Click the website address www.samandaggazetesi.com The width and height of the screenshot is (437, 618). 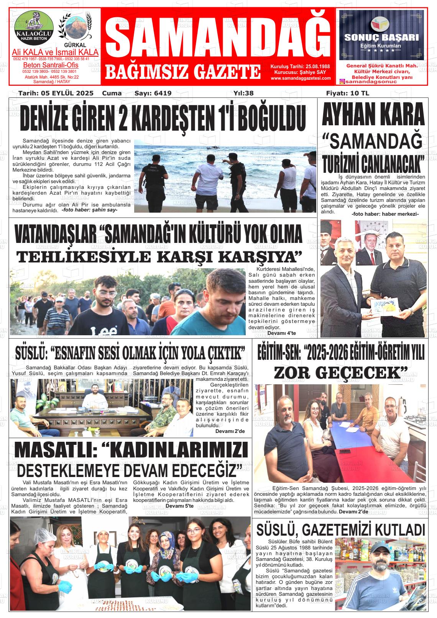(x=301, y=78)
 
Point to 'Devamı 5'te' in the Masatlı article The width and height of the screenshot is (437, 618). (x=179, y=506)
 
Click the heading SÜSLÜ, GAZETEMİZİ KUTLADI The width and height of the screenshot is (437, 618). (x=340, y=530)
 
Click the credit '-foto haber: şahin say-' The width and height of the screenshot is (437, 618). (x=89, y=210)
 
